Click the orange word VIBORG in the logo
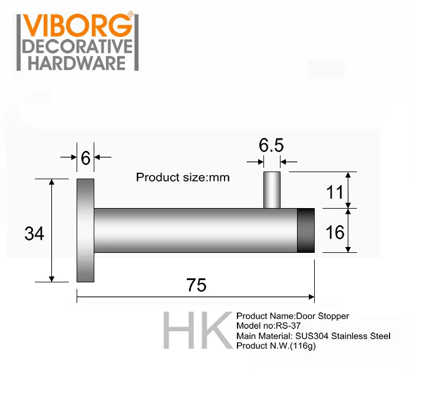pos(77,25)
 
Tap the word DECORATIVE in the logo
pos(78,47)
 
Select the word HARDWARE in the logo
pos(77,63)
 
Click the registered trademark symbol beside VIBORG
pos(130,14)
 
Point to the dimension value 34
pos(34,233)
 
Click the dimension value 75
pos(196,285)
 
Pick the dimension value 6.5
pos(271,145)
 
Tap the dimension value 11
pos(335,192)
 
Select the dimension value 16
pos(335,232)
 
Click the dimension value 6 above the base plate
pos(85,158)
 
